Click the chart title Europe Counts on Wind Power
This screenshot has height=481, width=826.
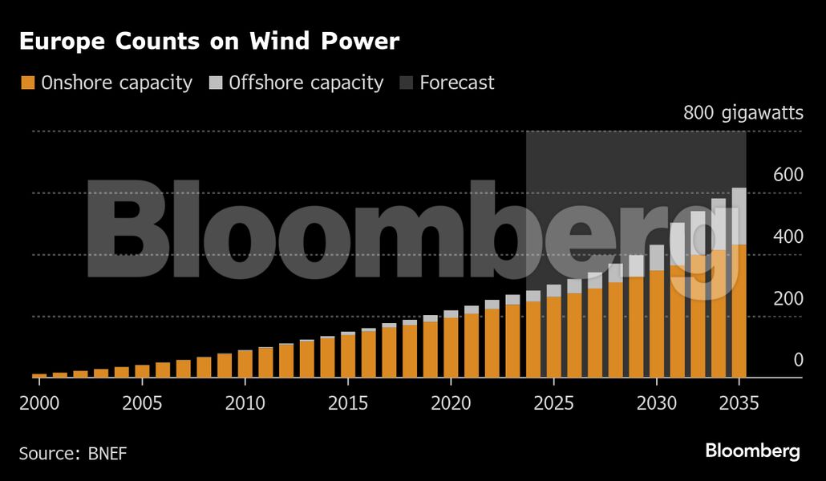point(209,42)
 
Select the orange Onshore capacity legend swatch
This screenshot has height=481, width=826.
point(28,83)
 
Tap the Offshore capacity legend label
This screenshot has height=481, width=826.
point(306,83)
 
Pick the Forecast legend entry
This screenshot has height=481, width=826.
point(456,83)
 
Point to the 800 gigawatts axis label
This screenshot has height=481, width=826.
point(743,113)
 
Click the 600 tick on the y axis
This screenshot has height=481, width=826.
point(787,175)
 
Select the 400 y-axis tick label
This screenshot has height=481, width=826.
point(787,236)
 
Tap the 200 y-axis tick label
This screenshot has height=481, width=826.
point(787,298)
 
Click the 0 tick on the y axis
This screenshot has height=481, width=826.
point(798,360)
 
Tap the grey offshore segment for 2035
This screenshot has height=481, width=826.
point(739,216)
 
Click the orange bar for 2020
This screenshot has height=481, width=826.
point(451,347)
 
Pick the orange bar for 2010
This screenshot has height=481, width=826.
point(245,363)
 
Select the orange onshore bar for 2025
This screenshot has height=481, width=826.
point(553,337)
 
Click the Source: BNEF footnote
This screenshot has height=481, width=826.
point(73,454)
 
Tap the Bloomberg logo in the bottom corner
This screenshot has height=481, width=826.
point(752,451)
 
